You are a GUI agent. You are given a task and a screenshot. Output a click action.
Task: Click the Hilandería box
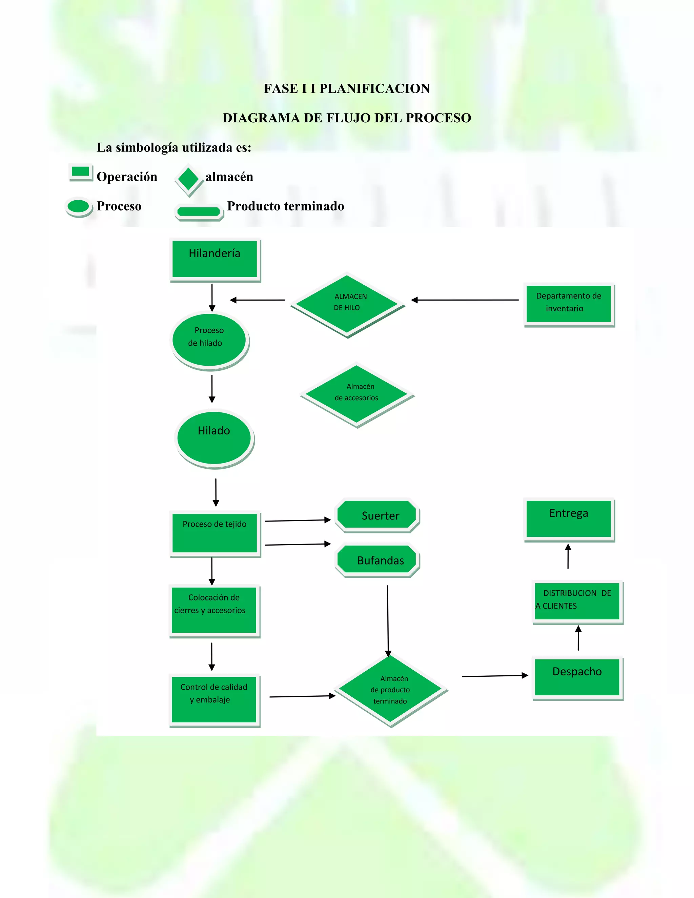215,259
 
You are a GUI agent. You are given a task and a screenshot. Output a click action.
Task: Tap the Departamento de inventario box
569,304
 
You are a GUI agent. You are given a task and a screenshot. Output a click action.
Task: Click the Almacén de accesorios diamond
356,394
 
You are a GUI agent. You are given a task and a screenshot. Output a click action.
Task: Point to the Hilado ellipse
214,438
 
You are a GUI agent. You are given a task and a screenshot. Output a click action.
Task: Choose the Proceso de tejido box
215,533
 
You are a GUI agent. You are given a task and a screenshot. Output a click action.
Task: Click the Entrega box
569,518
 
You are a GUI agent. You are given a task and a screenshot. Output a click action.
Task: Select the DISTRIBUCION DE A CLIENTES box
577,601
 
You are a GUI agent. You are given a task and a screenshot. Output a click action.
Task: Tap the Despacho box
577,677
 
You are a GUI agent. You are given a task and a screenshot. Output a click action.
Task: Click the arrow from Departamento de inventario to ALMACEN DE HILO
465,300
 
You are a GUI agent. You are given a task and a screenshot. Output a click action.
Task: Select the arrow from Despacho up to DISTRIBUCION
578,638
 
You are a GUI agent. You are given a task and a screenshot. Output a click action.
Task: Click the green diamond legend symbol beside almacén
189,179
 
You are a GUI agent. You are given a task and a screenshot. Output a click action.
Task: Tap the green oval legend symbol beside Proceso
79,206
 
